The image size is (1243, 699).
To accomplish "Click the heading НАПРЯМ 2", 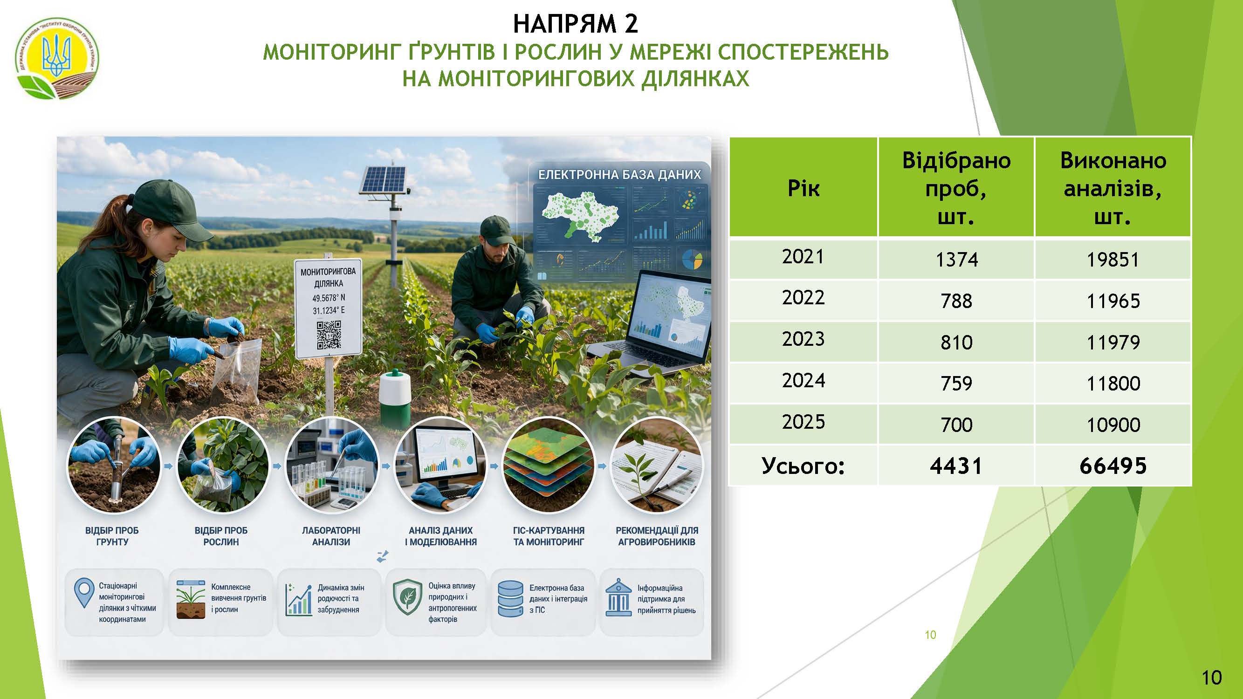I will pyautogui.click(x=575, y=24).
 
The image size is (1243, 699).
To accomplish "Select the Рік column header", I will pyautogui.click(x=803, y=188).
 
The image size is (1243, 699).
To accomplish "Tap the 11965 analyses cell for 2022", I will pyautogui.click(x=1113, y=301).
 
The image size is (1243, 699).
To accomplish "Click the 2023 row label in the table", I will pyautogui.click(x=803, y=339).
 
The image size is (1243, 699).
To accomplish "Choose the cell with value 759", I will pyautogui.click(x=956, y=384).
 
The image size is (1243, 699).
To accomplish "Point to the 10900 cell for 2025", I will pyautogui.click(x=1113, y=425).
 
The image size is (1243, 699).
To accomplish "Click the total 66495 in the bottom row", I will pyautogui.click(x=1113, y=466).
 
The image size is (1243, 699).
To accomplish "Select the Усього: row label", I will pyautogui.click(x=803, y=466).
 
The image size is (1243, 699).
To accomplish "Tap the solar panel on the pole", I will pyautogui.click(x=384, y=179).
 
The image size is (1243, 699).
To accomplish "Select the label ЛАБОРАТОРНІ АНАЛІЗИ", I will pyautogui.click(x=331, y=536).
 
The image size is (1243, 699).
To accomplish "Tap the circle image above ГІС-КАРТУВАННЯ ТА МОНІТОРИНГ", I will pyautogui.click(x=549, y=465).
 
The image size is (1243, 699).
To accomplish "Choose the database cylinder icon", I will pyautogui.click(x=510, y=599).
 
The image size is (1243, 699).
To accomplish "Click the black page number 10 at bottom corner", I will pyautogui.click(x=1212, y=678).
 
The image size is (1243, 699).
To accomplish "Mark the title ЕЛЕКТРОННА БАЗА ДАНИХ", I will pyautogui.click(x=619, y=175).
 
